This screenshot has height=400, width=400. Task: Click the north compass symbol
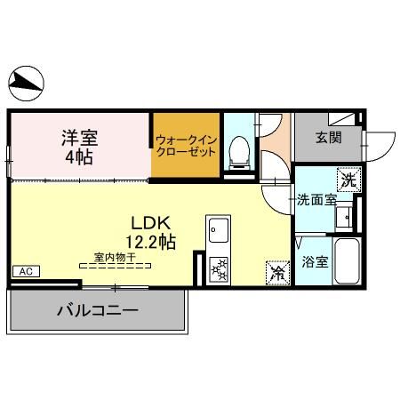26,84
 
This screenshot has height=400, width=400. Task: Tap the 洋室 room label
80,138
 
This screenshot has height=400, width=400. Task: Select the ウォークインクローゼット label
186,146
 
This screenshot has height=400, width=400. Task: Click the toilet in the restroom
239,153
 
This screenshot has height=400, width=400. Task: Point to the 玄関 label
329,138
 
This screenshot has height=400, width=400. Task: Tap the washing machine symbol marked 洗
349,180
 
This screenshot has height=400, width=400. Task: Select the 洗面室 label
317,200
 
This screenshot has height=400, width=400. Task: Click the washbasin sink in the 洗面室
344,217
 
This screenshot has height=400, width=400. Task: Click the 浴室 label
315,261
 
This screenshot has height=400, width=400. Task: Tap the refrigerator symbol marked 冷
278,273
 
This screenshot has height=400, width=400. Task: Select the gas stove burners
219,269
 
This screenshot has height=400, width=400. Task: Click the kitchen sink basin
219,230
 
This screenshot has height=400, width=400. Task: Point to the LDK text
151,223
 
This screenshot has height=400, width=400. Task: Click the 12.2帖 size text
151,242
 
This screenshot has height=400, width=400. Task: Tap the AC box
26,271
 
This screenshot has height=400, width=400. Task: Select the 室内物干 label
115,257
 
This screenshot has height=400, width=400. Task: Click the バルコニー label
98,311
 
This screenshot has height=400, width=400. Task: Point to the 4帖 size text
79,157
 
